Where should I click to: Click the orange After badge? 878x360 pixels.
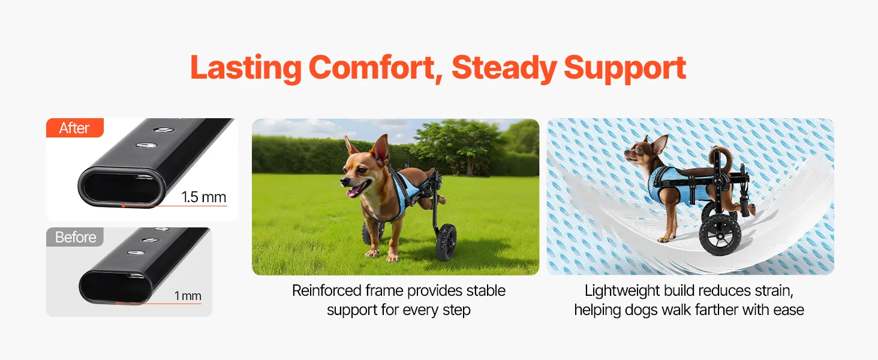(x=75, y=128)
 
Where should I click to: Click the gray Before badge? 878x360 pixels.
(x=75, y=237)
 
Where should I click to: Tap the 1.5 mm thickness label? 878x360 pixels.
(x=204, y=197)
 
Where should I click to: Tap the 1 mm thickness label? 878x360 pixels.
(x=188, y=296)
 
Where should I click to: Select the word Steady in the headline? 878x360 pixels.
(x=504, y=69)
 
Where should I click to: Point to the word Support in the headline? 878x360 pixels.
(x=625, y=69)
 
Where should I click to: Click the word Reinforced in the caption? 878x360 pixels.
(x=326, y=290)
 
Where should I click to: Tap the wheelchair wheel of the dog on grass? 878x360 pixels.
(x=446, y=242)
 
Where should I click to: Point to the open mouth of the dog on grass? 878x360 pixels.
(x=355, y=190)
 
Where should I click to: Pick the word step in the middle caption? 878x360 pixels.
(x=456, y=310)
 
